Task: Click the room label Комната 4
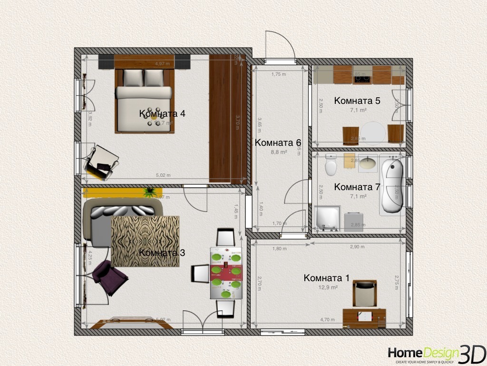162,114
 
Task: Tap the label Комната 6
278,143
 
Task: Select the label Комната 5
357,101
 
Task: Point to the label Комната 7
357,187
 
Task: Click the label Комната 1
327,278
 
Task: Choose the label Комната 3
162,253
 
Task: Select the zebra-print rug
145,241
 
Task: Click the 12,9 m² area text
328,288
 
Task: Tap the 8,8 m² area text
278,152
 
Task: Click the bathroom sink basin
367,163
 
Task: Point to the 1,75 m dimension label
279,74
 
